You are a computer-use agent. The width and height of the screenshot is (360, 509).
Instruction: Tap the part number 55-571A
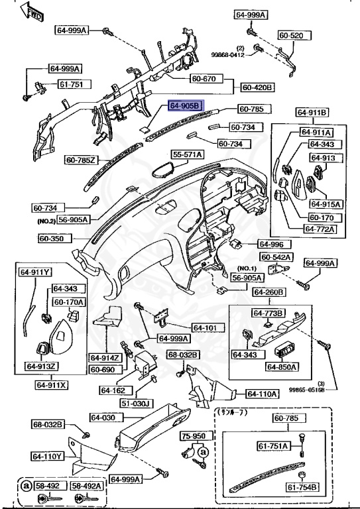click(x=188, y=154)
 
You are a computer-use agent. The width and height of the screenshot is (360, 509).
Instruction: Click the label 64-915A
click(x=324, y=204)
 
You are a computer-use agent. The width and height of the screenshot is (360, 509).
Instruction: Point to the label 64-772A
click(x=321, y=229)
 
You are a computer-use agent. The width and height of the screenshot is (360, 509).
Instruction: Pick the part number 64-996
click(x=271, y=243)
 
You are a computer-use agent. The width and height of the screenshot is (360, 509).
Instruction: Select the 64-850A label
click(x=282, y=367)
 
